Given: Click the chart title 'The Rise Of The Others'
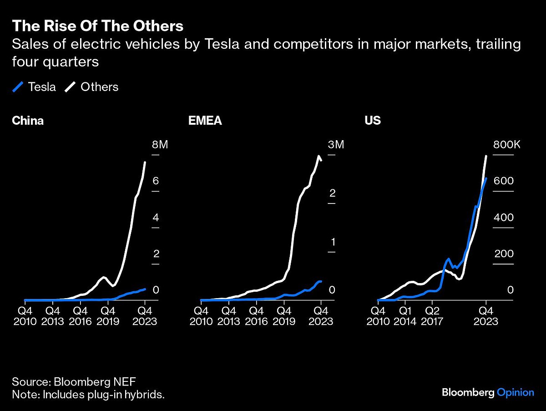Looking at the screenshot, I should point(97,26).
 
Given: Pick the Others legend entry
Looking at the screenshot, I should point(92,87).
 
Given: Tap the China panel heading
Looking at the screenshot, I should point(28,121).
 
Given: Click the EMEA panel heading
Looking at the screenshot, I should point(205,121).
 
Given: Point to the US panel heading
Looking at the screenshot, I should point(372,121).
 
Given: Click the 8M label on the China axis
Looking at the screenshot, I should point(160,145).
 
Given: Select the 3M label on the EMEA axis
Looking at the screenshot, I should point(336,145).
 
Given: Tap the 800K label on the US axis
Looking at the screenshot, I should point(507,145).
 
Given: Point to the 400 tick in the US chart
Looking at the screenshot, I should point(504,218).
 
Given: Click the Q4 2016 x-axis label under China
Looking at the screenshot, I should point(81,315).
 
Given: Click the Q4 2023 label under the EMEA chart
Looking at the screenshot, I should point(321,315).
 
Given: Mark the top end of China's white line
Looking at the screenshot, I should point(145,162).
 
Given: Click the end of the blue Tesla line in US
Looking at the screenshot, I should point(486,178).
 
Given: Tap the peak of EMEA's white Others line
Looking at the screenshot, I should point(318,156).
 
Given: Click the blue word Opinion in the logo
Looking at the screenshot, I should point(515,392).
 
